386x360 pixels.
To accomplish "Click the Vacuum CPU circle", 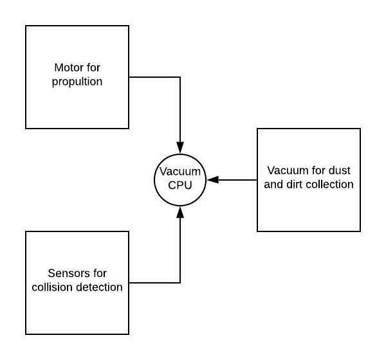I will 180,180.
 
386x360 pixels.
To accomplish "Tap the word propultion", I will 77,82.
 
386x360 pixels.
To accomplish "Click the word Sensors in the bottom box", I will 66,274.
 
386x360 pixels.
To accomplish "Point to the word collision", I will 53,287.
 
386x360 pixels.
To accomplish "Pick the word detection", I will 98,287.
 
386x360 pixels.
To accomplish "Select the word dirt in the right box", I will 297,184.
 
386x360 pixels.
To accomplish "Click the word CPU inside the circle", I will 180,186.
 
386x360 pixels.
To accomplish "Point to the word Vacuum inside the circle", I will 180,172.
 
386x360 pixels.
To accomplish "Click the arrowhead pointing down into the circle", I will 180,148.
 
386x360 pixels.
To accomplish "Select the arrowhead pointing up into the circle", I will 180,212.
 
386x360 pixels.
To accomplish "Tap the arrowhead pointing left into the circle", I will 212,180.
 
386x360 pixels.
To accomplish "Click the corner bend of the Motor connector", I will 180,77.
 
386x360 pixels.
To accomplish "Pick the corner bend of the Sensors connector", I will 180,283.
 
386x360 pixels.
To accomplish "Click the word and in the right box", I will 275,184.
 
